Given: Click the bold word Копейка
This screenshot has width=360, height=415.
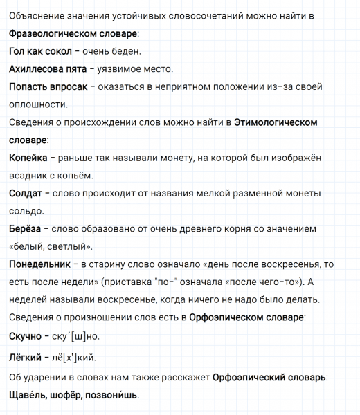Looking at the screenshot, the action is [28, 158].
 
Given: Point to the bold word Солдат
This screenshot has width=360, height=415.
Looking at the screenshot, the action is [26, 194].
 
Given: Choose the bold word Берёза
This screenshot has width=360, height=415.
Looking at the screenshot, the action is [26, 229].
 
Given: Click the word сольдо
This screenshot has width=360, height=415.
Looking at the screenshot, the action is [26, 212].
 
